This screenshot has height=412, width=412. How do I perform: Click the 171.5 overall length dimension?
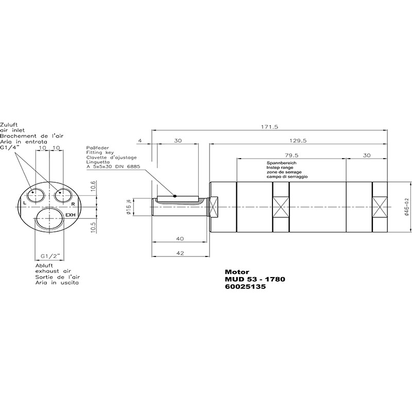[x=269, y=127]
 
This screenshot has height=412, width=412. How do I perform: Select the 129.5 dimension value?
[x=298, y=141]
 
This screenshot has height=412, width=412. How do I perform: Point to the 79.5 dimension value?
[x=291, y=156]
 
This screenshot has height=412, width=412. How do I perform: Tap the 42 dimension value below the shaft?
[x=180, y=253]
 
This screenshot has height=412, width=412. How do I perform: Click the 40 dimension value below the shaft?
[x=180, y=238]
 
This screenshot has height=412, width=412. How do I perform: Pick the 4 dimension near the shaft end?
[x=140, y=141]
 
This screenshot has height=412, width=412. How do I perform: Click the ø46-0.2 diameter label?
[x=407, y=207]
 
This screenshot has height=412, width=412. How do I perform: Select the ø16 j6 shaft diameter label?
[x=129, y=207]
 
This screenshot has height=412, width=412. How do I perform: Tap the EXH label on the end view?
[x=71, y=215]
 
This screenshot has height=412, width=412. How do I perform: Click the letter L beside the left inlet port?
[x=25, y=203]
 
